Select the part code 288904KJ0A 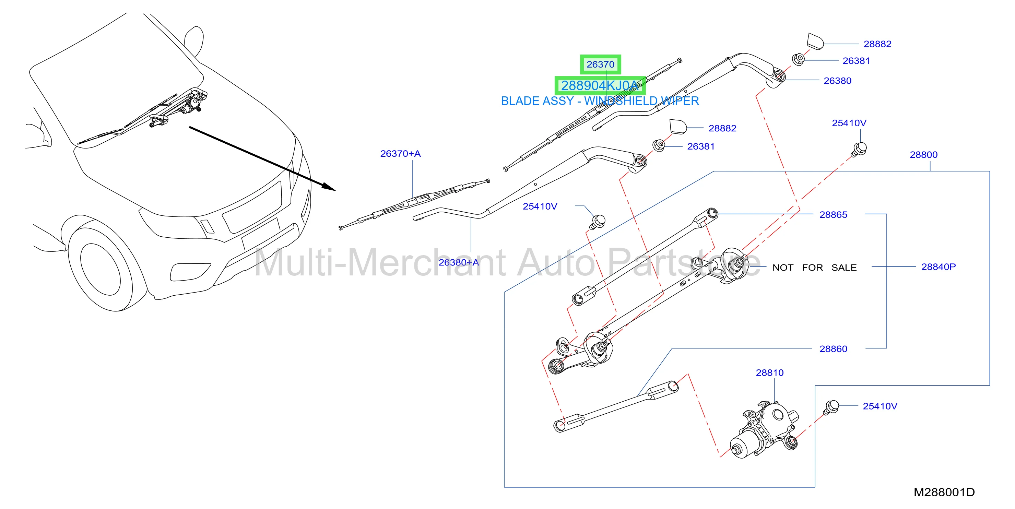point(600,85)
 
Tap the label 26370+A point(400,154)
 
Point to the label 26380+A point(459,262)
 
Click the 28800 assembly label point(924,155)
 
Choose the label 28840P point(939,267)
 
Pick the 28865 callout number point(833,215)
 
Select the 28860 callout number point(833,349)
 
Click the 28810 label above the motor point(769,373)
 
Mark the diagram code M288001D point(944,493)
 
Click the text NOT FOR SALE point(814,268)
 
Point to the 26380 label point(837,81)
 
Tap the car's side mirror point(194,42)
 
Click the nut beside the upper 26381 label point(798,59)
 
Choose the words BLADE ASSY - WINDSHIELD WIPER point(600,101)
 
